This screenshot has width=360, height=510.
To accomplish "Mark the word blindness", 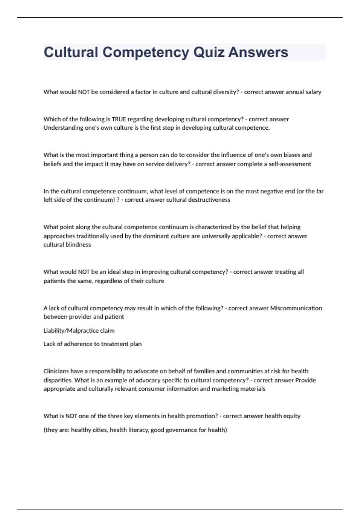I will click(x=78, y=245).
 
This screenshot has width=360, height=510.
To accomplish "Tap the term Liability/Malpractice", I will click(x=71, y=331).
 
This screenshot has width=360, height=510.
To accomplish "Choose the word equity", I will click(x=292, y=416).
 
